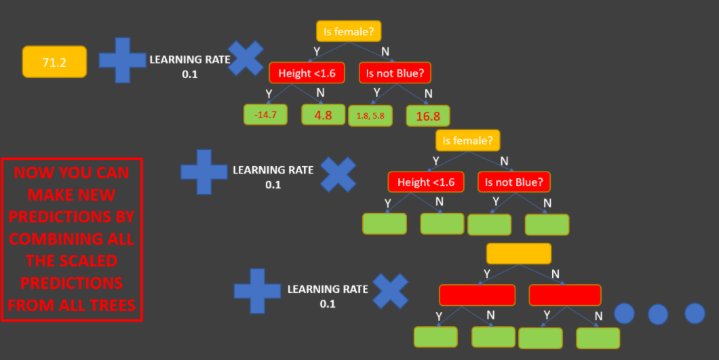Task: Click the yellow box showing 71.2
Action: coord(54,62)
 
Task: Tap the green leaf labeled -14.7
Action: coord(266,115)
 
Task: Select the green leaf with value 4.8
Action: coord(323,115)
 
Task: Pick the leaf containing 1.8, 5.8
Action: coord(370,116)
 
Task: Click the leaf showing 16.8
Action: coord(428,116)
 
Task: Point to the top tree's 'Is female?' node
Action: coord(349,31)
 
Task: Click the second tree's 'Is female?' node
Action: coord(468,141)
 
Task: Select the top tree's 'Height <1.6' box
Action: coord(307,73)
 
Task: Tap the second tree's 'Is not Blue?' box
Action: coord(514,182)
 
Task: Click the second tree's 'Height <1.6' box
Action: coord(426,182)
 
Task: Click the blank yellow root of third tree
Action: coord(519,254)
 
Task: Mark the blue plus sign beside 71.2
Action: coord(122,60)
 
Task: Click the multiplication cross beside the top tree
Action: coord(246,58)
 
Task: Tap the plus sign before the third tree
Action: coord(257,292)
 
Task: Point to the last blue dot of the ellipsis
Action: coord(695,313)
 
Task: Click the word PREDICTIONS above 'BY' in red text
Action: coord(71,217)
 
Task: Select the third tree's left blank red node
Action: coord(477,295)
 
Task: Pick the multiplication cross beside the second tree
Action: coord(338,175)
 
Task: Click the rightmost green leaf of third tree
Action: coord(598,338)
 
